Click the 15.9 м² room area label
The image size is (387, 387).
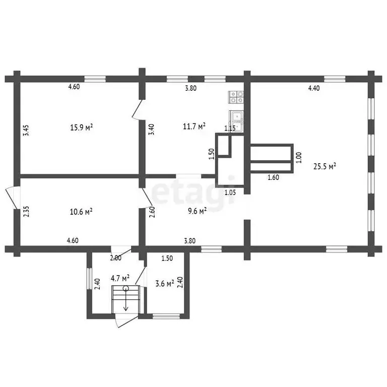click(x=82, y=127)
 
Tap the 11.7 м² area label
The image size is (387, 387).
click(x=194, y=126)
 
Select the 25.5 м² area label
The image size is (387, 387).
click(x=325, y=166)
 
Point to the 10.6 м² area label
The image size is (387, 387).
click(x=81, y=212)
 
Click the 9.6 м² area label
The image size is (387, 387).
click(x=197, y=211)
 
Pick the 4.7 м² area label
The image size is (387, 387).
click(x=120, y=278)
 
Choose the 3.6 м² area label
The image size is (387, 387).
click(x=165, y=283)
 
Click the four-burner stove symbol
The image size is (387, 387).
click(x=236, y=97)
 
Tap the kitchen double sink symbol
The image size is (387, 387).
click(x=236, y=121)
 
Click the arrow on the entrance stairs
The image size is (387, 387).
click(x=126, y=299)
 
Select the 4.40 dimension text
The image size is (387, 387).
click(x=314, y=88)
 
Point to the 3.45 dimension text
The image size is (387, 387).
click(x=26, y=130)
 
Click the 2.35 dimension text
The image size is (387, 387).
click(x=26, y=212)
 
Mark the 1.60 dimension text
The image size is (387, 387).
click(x=274, y=177)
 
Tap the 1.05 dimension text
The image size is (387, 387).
click(x=230, y=192)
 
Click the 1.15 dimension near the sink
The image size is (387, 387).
click(x=230, y=128)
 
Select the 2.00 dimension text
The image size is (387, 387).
click(x=116, y=258)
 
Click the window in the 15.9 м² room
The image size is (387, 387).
click(x=95, y=79)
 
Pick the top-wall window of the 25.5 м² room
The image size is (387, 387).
click(x=335, y=79)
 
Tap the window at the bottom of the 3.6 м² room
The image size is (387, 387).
click(x=166, y=316)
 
